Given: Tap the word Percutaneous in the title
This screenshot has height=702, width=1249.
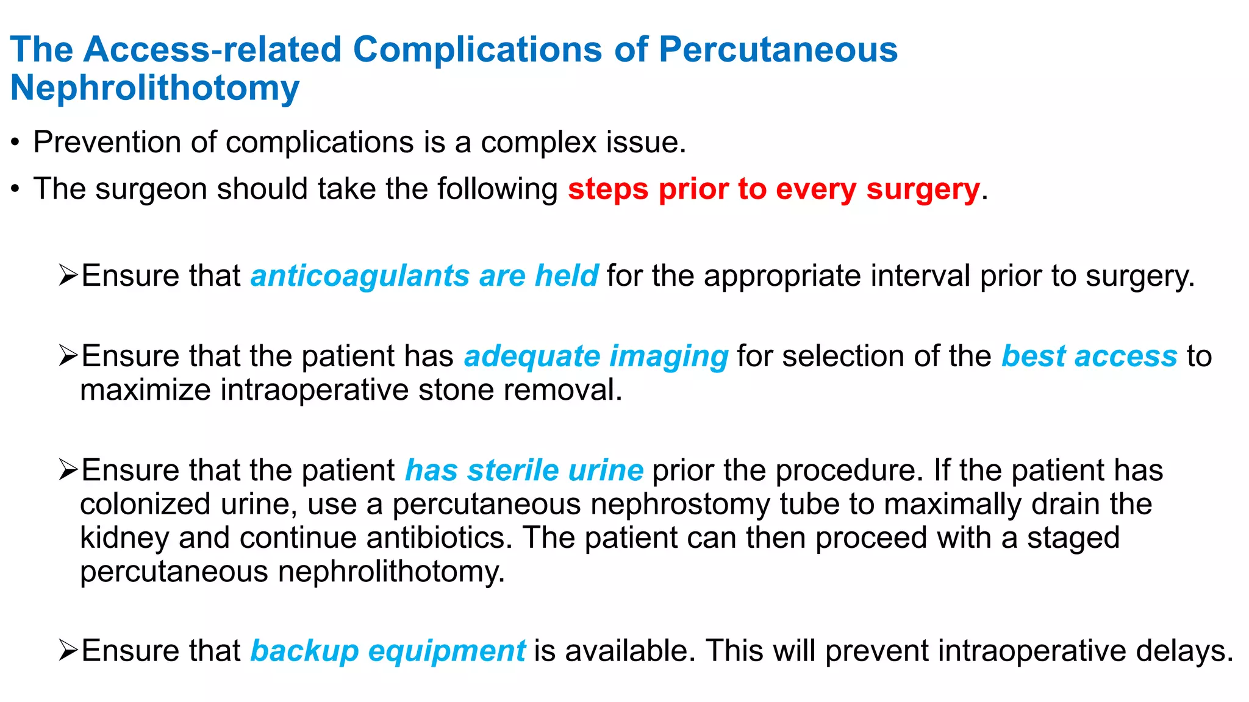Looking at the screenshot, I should click(778, 49).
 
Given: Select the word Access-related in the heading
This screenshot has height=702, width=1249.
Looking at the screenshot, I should click(212, 49).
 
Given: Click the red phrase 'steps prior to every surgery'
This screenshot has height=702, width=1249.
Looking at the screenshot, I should click(774, 190).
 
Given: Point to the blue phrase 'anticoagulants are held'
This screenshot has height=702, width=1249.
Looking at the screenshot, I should click(424, 276).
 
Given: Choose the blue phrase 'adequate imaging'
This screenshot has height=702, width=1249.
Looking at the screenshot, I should click(596, 356).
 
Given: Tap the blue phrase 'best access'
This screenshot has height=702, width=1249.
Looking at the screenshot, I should click(1089, 356).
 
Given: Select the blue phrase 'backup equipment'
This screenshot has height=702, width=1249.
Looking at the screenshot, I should click(388, 651).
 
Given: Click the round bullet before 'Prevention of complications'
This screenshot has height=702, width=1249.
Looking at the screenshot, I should click(16, 144).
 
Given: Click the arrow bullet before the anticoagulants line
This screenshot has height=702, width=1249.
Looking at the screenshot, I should click(68, 276).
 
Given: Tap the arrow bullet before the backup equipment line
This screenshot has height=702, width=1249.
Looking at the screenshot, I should click(68, 651).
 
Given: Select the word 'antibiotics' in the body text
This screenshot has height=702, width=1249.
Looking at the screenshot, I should click(438, 539).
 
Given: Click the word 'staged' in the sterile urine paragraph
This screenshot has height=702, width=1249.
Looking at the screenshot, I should click(1073, 539).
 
